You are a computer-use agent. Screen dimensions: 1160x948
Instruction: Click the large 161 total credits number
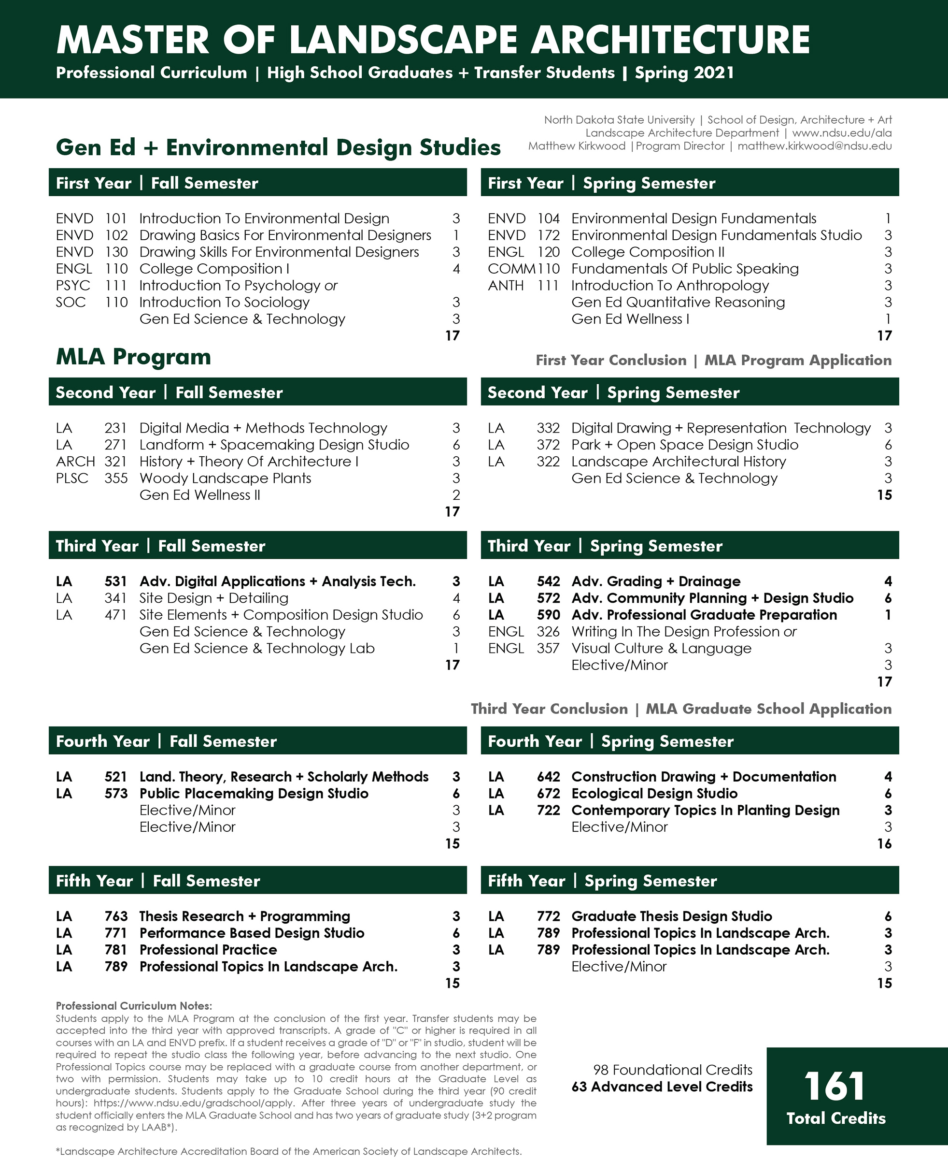click(835, 1086)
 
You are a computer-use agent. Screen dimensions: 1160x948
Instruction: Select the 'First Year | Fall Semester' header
click(157, 183)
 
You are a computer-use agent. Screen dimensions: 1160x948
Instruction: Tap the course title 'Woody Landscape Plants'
click(225, 478)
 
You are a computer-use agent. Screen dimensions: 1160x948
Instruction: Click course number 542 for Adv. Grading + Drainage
click(548, 581)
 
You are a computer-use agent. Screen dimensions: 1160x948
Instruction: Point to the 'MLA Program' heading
click(133, 357)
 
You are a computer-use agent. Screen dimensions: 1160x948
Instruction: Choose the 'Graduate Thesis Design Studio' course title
click(672, 916)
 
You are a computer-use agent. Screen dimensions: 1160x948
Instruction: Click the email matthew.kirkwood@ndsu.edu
click(814, 146)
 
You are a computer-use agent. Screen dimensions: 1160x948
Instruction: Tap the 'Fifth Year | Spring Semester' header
click(602, 881)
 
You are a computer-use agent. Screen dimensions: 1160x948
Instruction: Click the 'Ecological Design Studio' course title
click(654, 793)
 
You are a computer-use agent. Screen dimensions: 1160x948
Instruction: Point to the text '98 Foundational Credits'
click(672, 1070)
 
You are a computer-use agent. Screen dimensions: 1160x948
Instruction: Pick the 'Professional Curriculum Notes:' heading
click(134, 1006)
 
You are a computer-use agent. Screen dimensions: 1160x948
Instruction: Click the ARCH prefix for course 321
click(75, 462)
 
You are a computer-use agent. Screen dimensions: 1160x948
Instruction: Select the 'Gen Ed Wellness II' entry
click(200, 495)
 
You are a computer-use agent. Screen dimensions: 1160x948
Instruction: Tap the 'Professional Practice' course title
click(208, 950)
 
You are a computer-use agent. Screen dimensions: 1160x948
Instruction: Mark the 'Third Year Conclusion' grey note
click(550, 709)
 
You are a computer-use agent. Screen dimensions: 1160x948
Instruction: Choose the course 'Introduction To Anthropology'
click(670, 285)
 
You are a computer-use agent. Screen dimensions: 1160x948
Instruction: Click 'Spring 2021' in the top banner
click(684, 72)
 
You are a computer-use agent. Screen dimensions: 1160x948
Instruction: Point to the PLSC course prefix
click(72, 478)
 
